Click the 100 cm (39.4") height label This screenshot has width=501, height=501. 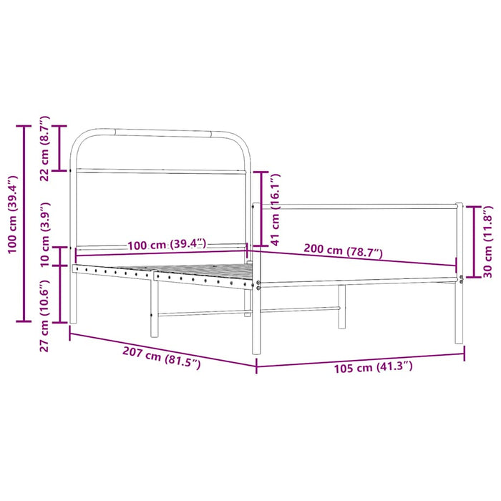[11, 214]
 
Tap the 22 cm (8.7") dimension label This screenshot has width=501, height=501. [45, 148]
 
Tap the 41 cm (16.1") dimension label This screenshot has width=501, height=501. [275, 208]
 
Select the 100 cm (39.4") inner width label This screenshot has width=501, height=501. [166, 245]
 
